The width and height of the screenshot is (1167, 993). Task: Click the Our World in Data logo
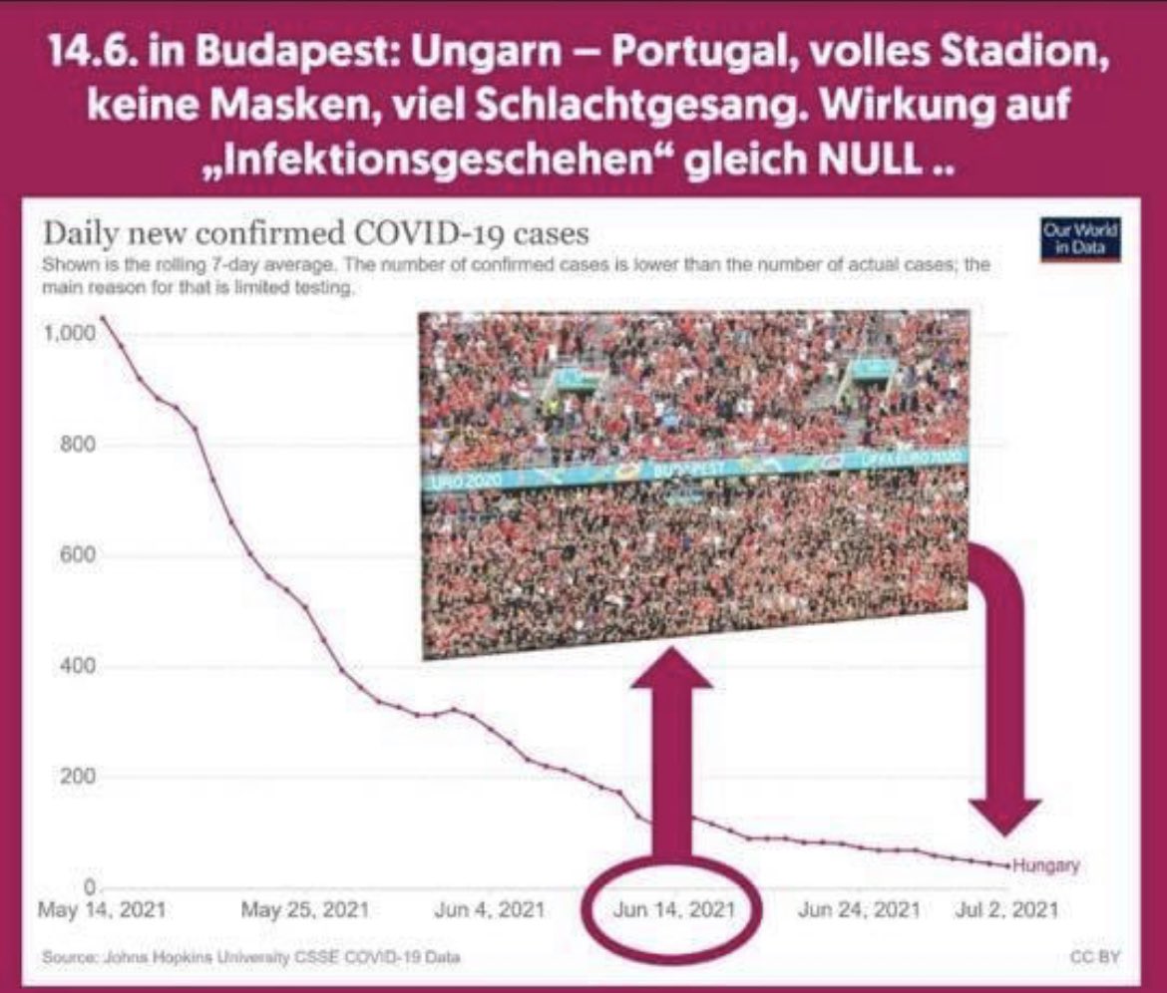pos(1079,241)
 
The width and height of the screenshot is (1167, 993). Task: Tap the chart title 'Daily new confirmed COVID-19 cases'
pos(315,235)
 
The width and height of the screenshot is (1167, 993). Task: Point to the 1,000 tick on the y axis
pos(68,334)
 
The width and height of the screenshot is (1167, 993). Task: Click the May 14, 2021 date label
pos(102,910)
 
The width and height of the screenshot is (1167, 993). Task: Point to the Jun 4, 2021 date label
pos(489,910)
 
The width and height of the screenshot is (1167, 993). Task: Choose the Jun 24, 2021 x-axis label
pos(859,910)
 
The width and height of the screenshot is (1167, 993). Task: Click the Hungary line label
pos(1045,866)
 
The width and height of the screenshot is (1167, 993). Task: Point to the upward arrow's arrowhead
pos(673,670)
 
